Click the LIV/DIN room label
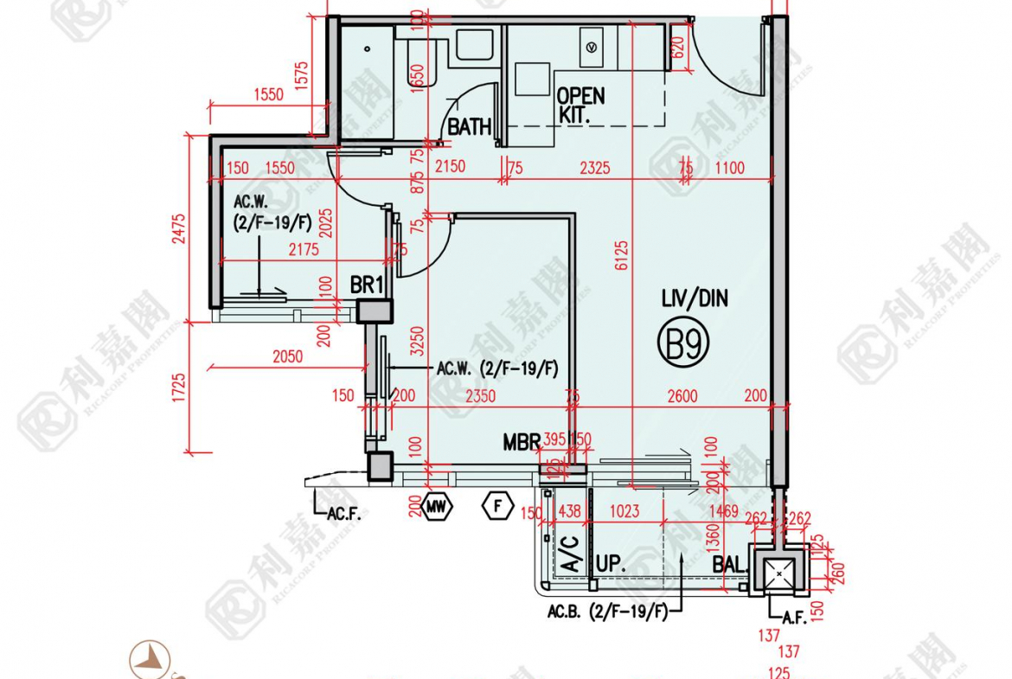click(695, 300)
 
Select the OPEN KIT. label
click(580, 105)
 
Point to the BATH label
click(469, 128)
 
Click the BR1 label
click(367, 285)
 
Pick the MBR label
click(521, 444)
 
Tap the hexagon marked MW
click(438, 507)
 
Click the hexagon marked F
click(497, 506)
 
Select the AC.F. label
click(343, 514)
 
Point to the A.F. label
click(794, 618)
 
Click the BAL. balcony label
click(728, 565)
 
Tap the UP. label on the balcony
click(611, 565)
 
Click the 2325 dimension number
click(594, 168)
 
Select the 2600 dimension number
click(682, 396)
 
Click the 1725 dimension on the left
click(179, 388)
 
